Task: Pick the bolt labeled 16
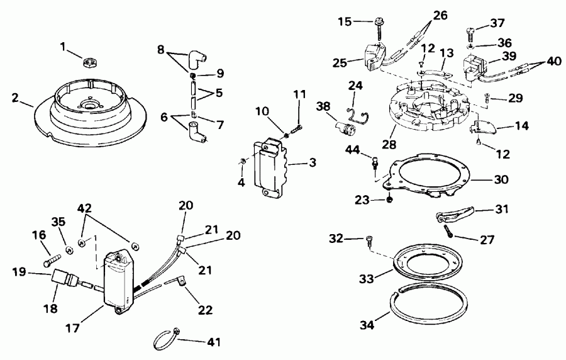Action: pyautogui.click(x=53, y=258)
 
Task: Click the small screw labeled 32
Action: pyautogui.click(x=370, y=240)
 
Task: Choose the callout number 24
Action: pyautogui.click(x=355, y=84)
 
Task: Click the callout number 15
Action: pyautogui.click(x=344, y=22)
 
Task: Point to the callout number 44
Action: pyautogui.click(x=353, y=149)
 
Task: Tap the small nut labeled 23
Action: pyautogui.click(x=391, y=200)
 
